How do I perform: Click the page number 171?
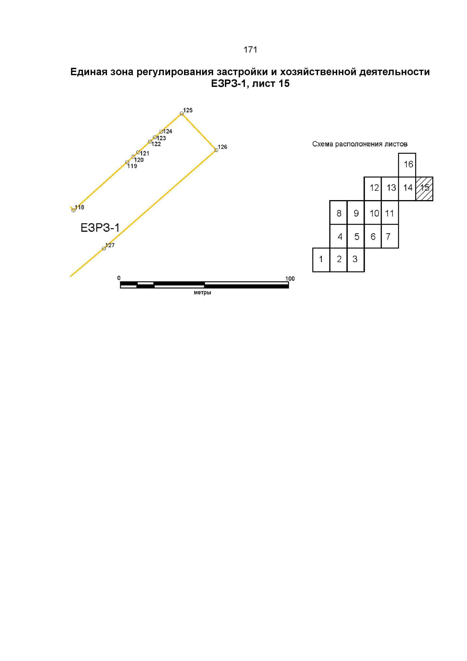[x=250, y=49]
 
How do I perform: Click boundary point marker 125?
[x=182, y=113]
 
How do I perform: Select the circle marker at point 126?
[x=216, y=150]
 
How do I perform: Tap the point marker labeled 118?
[x=74, y=210]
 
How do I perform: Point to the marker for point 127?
[x=104, y=248]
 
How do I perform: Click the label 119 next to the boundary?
[x=132, y=166]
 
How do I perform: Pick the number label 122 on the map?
[x=156, y=144]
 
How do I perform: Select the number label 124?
[x=168, y=131]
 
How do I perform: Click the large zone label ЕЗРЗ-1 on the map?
[x=100, y=227]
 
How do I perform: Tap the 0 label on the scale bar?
[x=119, y=278]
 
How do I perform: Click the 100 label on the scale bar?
[x=290, y=279]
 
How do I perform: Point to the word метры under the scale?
[x=202, y=292]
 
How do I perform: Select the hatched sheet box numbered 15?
[x=424, y=189]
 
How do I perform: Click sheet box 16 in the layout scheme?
[x=407, y=165]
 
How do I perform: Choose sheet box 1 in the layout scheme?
[x=321, y=260]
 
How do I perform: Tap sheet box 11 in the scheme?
[x=390, y=213]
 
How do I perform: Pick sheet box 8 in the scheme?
[x=338, y=213]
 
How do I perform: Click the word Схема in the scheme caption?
[x=321, y=144]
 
